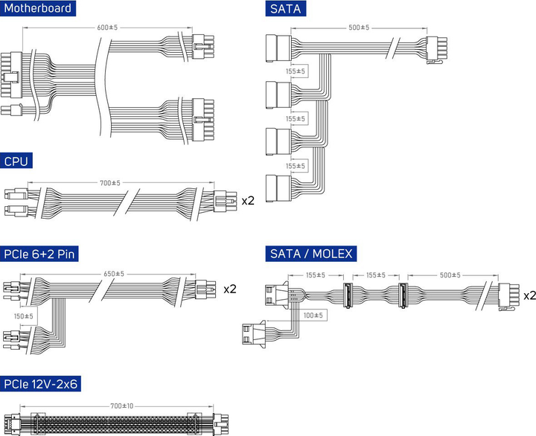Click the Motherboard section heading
tap(38, 8)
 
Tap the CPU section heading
tap(16, 161)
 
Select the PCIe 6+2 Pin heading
tap(39, 254)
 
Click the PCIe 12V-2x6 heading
tap(40, 384)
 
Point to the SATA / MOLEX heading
tap(311, 254)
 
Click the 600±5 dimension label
tap(107, 28)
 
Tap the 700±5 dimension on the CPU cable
tap(110, 183)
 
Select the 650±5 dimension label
tap(114, 274)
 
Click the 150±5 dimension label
tap(24, 316)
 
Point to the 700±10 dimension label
tap(121, 406)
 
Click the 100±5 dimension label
tap(313, 315)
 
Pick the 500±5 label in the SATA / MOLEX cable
tap(450, 275)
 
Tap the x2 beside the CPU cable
tap(248, 201)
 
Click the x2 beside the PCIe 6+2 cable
tap(230, 289)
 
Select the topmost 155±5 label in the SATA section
tap(296, 71)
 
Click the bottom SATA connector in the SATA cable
tap(278, 188)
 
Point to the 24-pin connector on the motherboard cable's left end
tap(11, 75)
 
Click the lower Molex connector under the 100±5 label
tap(254, 334)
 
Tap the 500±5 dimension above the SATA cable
tap(359, 28)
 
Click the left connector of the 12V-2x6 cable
tap(13, 424)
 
